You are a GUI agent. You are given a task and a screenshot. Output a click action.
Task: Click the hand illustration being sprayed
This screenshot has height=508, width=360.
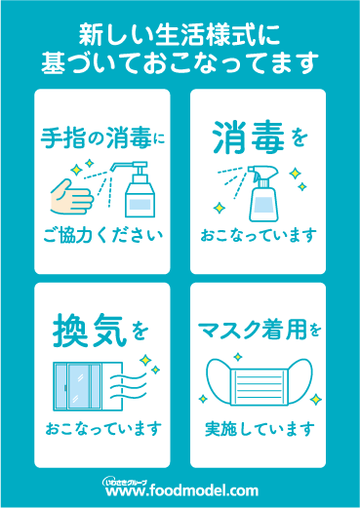tap(71, 197)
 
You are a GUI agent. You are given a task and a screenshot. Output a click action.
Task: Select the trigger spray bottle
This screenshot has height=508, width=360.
tap(262, 194)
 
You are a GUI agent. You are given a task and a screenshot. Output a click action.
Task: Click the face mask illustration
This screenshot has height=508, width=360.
tap(260, 382)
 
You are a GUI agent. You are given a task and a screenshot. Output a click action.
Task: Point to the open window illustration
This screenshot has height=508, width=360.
tap(88, 386)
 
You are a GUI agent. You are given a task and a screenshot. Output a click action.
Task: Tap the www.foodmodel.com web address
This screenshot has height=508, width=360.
tap(181, 490)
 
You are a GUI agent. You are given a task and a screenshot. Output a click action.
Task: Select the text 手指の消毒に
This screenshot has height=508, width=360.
tap(102, 138)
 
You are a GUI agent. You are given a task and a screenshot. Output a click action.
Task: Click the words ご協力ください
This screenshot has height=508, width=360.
tap(102, 235)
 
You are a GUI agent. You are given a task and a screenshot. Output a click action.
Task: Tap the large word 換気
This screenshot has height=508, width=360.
tap(90, 331)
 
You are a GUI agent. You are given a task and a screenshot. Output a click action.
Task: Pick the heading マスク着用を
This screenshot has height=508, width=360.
tap(260, 330)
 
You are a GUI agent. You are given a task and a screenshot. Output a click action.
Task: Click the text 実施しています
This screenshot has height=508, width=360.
tap(260, 429)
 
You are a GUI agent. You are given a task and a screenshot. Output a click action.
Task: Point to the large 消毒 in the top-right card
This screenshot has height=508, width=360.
tap(249, 137)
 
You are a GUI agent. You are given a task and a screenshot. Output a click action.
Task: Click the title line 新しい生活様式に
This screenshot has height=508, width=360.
tap(180, 34)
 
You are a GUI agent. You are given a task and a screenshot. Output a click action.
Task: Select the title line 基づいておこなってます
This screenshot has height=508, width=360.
tap(180, 62)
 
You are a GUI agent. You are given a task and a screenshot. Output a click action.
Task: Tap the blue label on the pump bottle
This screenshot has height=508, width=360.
tap(140, 204)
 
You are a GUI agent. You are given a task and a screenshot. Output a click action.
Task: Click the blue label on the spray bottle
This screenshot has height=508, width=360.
tap(263, 205)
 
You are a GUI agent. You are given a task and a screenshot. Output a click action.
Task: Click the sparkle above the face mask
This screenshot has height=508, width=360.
tap(238, 357)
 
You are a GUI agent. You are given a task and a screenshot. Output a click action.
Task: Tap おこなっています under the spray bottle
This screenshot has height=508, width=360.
tap(259, 235)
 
